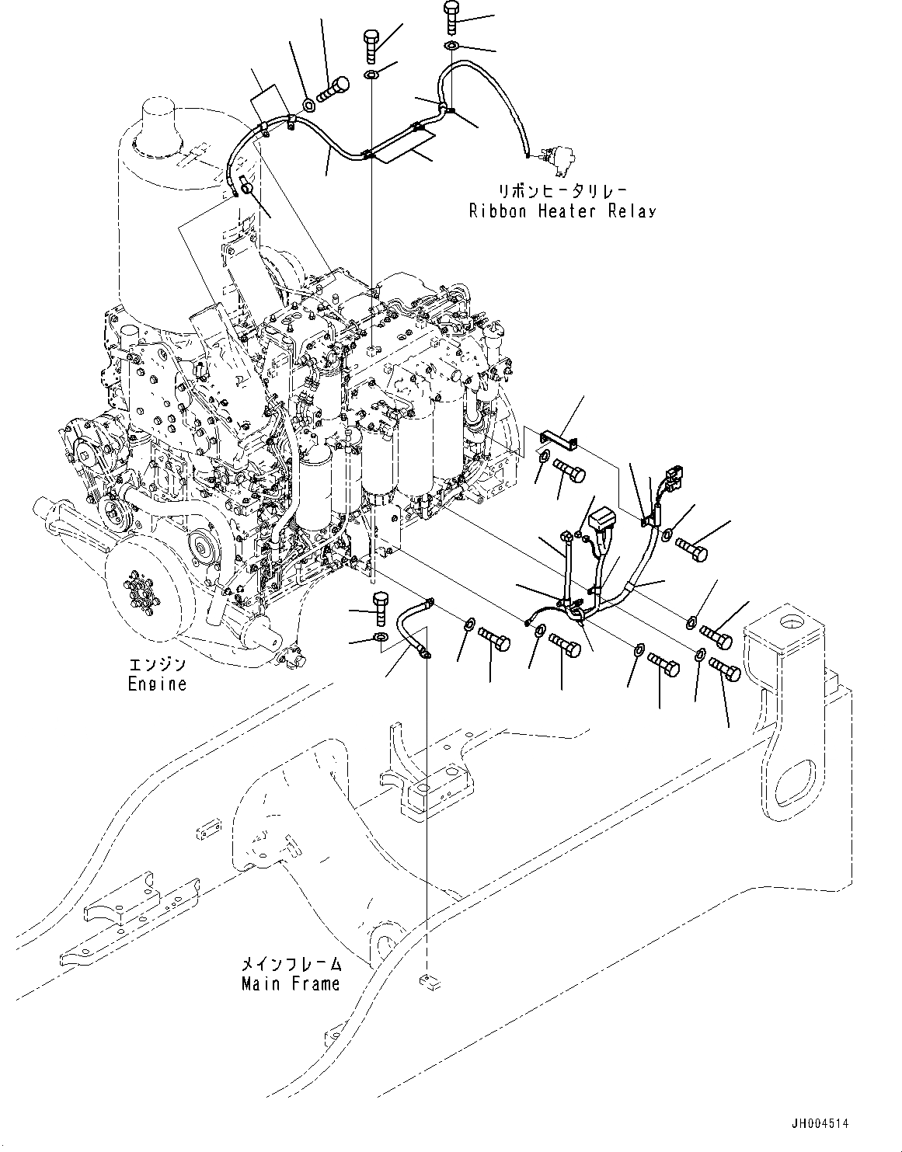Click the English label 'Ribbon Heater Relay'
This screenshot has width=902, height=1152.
pyautogui.click(x=562, y=211)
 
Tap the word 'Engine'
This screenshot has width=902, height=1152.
pyautogui.click(x=157, y=684)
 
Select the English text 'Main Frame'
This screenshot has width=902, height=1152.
pyautogui.click(x=290, y=983)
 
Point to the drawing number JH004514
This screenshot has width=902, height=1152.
pyautogui.click(x=820, y=1123)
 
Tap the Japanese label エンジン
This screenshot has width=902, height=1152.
pyautogui.click(x=157, y=665)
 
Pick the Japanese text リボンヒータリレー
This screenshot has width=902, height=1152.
pyautogui.click(x=562, y=190)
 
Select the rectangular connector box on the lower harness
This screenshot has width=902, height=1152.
pyautogui.click(x=604, y=520)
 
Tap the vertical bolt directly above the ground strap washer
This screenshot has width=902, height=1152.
pyautogui.click(x=381, y=607)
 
